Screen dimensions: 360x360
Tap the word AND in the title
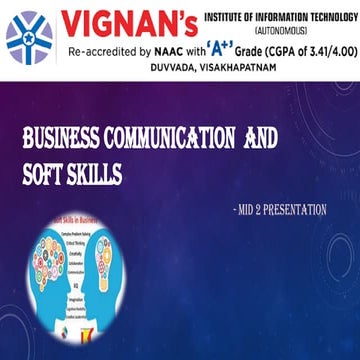(x=261, y=138)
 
